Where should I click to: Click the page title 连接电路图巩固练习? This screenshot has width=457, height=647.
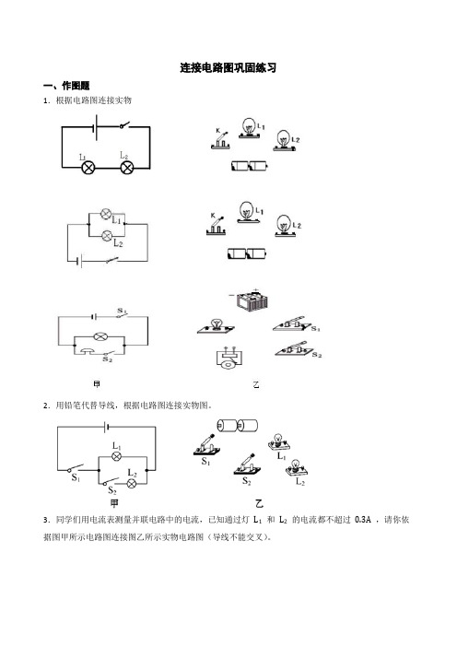click(x=228, y=67)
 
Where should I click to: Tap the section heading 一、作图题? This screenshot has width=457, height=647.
click(x=66, y=86)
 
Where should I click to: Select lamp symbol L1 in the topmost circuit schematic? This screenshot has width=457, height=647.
click(x=88, y=168)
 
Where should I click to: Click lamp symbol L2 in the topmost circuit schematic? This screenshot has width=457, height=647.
click(x=126, y=168)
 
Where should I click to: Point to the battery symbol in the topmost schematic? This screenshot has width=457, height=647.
click(x=96, y=127)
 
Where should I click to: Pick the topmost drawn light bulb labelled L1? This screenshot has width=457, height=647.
click(x=249, y=127)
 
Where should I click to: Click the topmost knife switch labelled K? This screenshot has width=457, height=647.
click(x=220, y=140)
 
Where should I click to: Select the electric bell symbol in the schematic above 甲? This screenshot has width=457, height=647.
click(x=88, y=350)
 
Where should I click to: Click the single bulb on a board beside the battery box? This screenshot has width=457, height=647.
click(x=216, y=326)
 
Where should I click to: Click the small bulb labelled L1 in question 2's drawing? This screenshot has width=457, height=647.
click(x=279, y=442)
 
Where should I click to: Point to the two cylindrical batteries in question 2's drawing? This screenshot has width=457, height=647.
click(x=237, y=426)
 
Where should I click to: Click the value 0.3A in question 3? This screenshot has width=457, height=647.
click(x=363, y=520)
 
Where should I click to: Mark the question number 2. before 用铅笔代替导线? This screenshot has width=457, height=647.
click(x=47, y=406)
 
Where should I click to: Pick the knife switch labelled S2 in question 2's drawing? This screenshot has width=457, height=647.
click(x=247, y=465)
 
